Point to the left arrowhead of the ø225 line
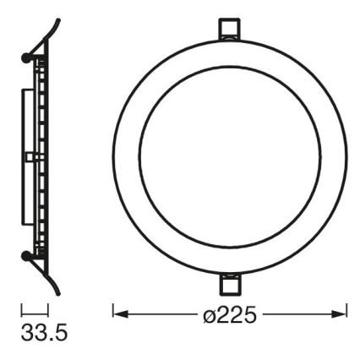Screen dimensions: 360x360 (119, 314)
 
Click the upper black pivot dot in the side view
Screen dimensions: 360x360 (29, 57)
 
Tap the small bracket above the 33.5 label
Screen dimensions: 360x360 (34, 312)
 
